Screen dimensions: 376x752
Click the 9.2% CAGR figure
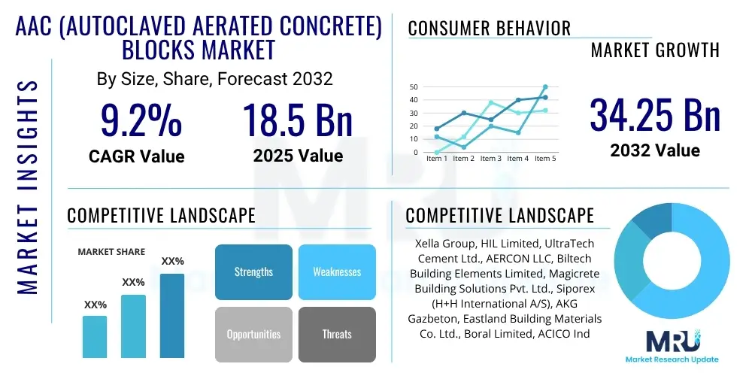pyautogui.click(x=141, y=121)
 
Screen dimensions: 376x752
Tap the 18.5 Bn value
pyautogui.click(x=297, y=121)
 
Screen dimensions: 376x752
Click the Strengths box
pyautogui.click(x=253, y=272)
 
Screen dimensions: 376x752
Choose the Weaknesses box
pyautogui.click(x=337, y=272)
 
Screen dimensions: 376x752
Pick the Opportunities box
pyautogui.click(x=253, y=334)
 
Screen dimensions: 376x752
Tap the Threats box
pyautogui.click(x=337, y=334)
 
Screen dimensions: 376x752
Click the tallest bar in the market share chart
pyautogui.click(x=172, y=316)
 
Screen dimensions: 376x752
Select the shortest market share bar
pyautogui.click(x=95, y=336)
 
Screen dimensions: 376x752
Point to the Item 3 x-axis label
pyautogui.click(x=490, y=159)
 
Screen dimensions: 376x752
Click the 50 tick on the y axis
pyautogui.click(x=413, y=87)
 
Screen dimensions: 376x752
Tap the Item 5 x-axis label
pyautogui.click(x=544, y=159)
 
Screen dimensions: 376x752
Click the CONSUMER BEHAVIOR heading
pyautogui.click(x=490, y=29)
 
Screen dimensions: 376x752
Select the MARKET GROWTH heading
pyautogui.click(x=655, y=50)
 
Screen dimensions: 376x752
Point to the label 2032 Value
pyautogui.click(x=654, y=150)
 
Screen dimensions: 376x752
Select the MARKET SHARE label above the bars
pyautogui.click(x=111, y=252)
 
